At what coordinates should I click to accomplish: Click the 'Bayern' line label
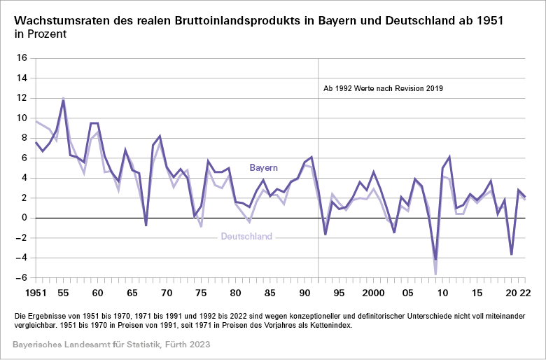(x=264, y=168)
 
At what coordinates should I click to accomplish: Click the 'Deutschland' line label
(x=246, y=237)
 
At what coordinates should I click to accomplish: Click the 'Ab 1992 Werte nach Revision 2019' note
(x=383, y=89)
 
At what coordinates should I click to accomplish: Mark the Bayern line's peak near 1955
(x=64, y=100)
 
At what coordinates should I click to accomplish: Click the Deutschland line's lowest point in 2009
(x=435, y=274)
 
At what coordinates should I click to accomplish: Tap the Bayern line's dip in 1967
(x=146, y=225)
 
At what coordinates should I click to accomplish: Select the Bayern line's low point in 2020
(x=512, y=254)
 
